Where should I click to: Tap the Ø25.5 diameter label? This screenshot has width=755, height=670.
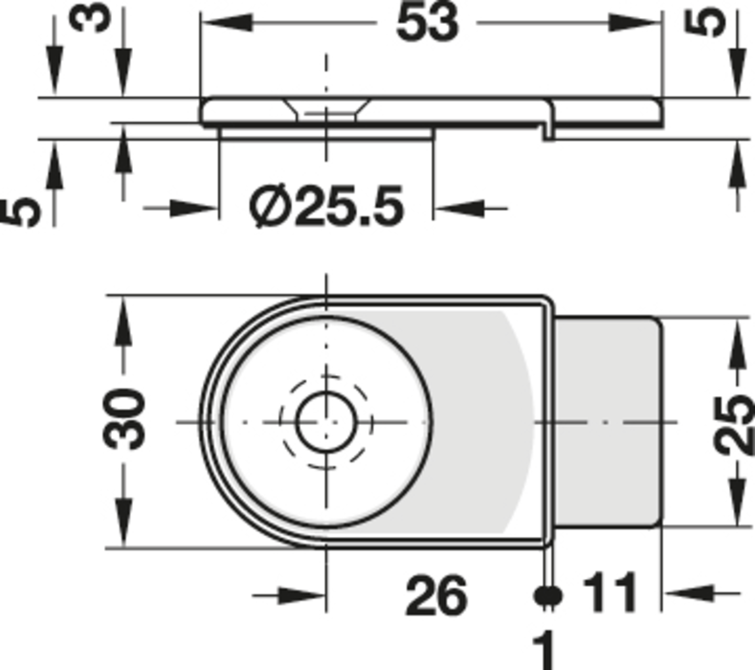326,206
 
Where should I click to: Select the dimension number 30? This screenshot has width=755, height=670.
123,419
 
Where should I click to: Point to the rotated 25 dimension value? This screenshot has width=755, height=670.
735,424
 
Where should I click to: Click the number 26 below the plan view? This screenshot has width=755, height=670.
436,595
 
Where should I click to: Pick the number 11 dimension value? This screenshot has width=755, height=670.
610,592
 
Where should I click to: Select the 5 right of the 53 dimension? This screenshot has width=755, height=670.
705,23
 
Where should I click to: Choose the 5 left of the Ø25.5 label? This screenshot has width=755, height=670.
20,212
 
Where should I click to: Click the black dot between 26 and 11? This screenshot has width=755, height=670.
548,595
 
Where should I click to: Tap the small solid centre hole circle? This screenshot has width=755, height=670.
326,422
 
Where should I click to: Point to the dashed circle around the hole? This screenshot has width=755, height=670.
326,422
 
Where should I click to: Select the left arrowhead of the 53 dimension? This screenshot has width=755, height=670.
226,22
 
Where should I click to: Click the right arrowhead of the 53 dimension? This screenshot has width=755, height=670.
634,22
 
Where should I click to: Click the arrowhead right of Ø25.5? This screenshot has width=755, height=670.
458,209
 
